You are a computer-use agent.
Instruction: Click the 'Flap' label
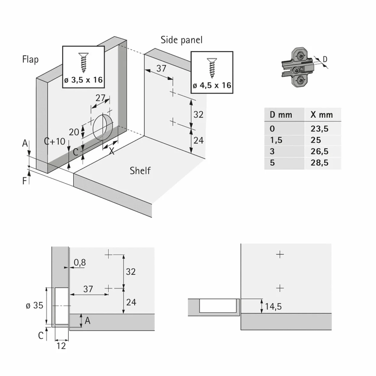click(x=30, y=59)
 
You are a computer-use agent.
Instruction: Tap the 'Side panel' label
click(x=182, y=40)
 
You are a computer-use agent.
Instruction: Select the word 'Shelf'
click(x=140, y=170)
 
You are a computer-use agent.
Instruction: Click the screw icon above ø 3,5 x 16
click(x=83, y=63)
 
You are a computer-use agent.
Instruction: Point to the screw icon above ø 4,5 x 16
click(x=212, y=68)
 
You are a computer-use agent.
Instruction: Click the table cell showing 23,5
click(x=319, y=129)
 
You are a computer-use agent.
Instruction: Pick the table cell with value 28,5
click(x=319, y=163)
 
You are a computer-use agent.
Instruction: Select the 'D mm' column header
click(x=281, y=115)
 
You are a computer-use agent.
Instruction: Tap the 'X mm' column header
click(x=322, y=115)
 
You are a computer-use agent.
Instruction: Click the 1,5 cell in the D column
click(x=276, y=140)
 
